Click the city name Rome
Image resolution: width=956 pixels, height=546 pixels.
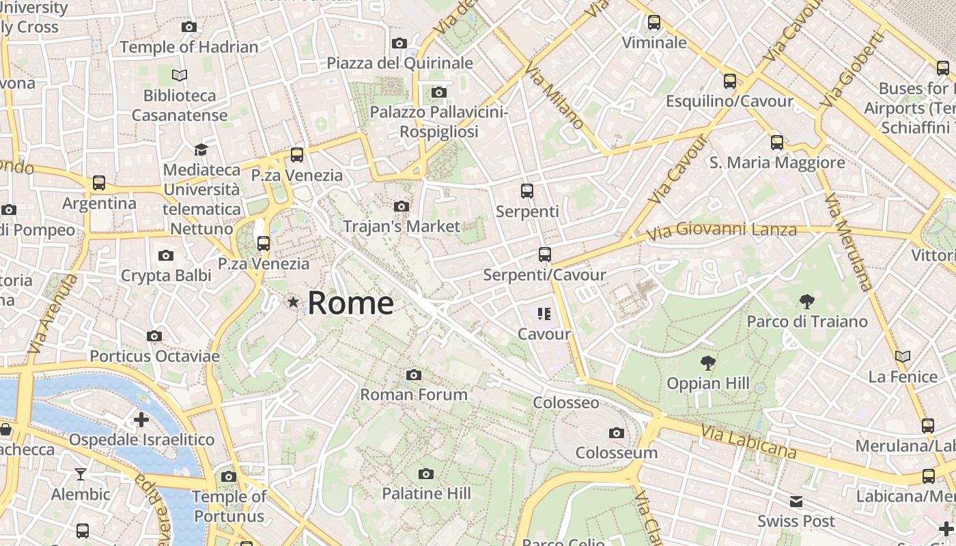click(x=350, y=303)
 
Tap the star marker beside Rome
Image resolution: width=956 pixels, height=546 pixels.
click(x=294, y=302)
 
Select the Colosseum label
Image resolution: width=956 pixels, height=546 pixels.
click(x=616, y=452)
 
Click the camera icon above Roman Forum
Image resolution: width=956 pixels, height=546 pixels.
click(x=413, y=375)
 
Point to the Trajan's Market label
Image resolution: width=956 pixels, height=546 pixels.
click(x=402, y=226)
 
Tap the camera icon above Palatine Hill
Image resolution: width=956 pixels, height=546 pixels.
click(x=426, y=474)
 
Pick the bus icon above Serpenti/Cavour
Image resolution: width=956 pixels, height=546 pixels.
click(x=544, y=255)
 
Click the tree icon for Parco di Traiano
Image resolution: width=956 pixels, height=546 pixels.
click(x=806, y=301)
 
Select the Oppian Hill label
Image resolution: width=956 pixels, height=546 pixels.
click(x=708, y=383)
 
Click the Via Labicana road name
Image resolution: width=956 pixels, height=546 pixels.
click(x=748, y=441)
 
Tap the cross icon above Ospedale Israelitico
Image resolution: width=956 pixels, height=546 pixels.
click(x=141, y=419)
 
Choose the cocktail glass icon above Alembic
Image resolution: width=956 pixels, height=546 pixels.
click(x=81, y=474)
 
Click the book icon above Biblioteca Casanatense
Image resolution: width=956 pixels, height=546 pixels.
click(x=180, y=75)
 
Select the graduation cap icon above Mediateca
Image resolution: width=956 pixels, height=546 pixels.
click(x=201, y=149)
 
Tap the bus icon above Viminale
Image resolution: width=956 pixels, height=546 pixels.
click(x=654, y=23)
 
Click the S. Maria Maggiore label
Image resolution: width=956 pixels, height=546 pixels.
click(x=777, y=162)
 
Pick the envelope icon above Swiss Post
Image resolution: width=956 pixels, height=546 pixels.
click(x=796, y=502)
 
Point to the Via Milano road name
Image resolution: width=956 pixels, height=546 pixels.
click(x=554, y=96)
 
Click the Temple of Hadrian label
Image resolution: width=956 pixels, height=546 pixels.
click(x=189, y=47)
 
